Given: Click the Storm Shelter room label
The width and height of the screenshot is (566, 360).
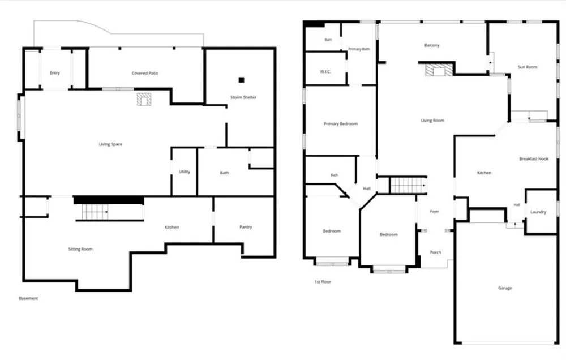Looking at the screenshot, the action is click(x=243, y=97).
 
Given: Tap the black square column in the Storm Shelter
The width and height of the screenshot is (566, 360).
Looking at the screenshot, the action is click(x=241, y=80).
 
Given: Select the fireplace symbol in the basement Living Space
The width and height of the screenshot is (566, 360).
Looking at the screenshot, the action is click(x=144, y=99).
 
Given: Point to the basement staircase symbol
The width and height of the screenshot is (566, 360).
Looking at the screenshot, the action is click(x=95, y=212).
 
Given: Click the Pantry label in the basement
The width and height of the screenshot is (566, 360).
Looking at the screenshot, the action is click(x=246, y=227).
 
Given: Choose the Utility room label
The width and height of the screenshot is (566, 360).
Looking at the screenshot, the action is click(x=185, y=172).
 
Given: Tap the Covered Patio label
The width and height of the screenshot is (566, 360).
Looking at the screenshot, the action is click(x=145, y=73).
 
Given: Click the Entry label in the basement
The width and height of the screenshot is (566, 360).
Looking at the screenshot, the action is click(x=54, y=73).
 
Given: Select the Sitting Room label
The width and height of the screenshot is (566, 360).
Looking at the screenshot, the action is click(x=80, y=249).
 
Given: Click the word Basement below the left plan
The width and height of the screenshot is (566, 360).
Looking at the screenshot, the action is click(x=28, y=298).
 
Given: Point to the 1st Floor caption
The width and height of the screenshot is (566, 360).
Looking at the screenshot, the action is click(x=323, y=282).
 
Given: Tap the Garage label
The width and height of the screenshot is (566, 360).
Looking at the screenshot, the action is click(x=505, y=288).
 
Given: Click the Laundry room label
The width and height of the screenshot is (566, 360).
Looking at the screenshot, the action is click(x=538, y=212).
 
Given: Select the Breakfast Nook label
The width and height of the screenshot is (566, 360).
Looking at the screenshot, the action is click(x=534, y=159).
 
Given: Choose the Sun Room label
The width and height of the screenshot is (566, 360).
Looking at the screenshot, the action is click(x=528, y=67).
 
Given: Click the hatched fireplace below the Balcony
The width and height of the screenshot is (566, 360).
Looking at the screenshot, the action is click(x=439, y=70).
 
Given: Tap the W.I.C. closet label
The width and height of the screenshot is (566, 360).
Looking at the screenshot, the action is click(x=325, y=72).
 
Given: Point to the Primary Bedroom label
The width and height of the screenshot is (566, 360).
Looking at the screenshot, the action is click(x=340, y=124).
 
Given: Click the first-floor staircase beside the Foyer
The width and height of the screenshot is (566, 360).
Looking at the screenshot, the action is click(x=408, y=186).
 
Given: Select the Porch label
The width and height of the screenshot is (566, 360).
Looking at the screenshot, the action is click(x=435, y=252).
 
